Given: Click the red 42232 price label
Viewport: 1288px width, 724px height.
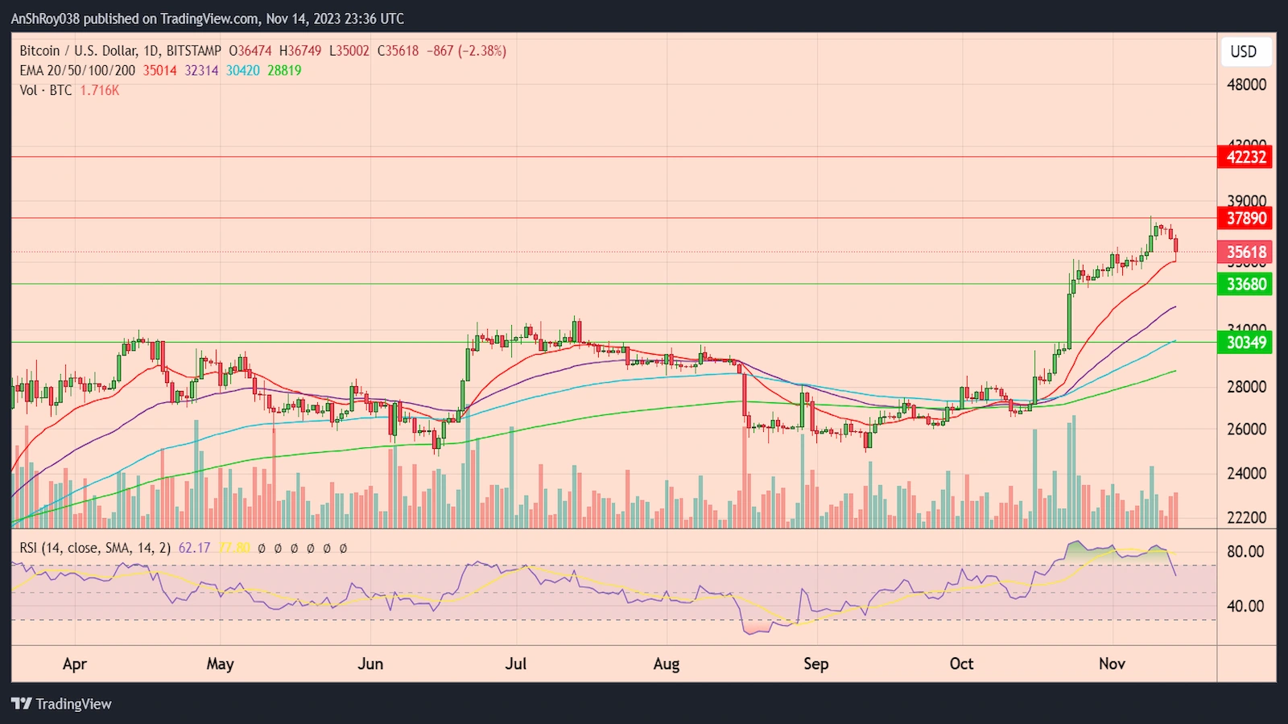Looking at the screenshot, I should point(1245,157).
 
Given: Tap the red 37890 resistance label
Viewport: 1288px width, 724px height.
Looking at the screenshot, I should point(1245,218).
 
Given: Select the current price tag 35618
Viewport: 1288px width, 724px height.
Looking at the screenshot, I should point(1245,252).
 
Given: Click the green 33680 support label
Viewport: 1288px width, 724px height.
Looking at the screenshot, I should point(1245,284).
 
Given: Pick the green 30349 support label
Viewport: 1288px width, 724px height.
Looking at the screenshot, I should point(1245,343).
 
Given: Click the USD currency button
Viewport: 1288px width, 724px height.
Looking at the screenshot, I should point(1243,51).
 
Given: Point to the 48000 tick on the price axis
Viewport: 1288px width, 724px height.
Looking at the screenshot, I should point(1246,84).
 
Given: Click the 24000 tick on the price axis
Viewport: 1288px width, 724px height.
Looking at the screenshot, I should point(1246,473).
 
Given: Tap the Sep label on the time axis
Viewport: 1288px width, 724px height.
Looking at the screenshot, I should point(815,664).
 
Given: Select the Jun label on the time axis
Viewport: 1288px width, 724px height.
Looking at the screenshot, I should point(370,664).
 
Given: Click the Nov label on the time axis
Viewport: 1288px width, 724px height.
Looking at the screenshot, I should point(1112,664).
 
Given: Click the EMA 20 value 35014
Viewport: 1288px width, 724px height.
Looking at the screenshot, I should point(159,71).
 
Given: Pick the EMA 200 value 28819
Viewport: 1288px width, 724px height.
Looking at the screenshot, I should point(284,71).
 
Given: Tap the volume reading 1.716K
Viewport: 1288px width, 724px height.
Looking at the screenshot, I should point(100,90).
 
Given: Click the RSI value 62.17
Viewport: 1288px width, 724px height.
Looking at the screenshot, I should point(194,548).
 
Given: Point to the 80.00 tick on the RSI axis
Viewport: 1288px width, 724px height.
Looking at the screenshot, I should point(1245,552).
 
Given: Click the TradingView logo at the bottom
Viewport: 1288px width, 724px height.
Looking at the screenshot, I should point(61,704).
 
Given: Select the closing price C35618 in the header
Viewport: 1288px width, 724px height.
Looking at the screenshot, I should point(398,51).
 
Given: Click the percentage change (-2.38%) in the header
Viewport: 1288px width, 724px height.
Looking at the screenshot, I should point(482,51).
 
